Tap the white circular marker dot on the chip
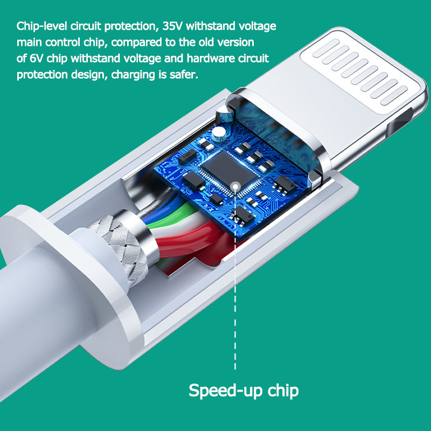click(235, 187)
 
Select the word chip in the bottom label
click(283, 391)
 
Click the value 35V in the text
click(172, 26)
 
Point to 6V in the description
click(36, 59)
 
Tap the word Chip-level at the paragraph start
click(42, 26)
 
